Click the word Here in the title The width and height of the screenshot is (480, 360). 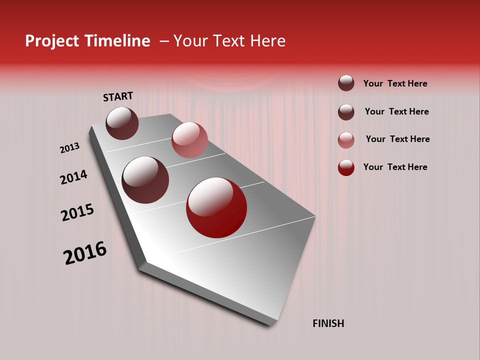[x=267, y=41]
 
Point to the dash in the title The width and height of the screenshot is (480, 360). [x=164, y=41]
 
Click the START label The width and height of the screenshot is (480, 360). [x=118, y=96]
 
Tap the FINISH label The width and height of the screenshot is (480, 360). [x=328, y=323]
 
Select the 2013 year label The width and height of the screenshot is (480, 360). [x=69, y=148]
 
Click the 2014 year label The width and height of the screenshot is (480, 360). [x=73, y=177]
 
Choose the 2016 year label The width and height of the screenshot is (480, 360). [x=85, y=253]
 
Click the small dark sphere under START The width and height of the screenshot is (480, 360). [x=122, y=123]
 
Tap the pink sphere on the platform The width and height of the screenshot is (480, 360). [x=189, y=140]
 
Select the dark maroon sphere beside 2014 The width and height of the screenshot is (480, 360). [x=145, y=180]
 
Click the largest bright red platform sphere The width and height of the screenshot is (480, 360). [x=216, y=207]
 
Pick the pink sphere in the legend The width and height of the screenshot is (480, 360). [x=346, y=140]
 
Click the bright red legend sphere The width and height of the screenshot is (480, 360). [x=346, y=167]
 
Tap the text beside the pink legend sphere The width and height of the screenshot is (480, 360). [x=397, y=139]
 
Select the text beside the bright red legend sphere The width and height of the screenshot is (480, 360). [x=395, y=167]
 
